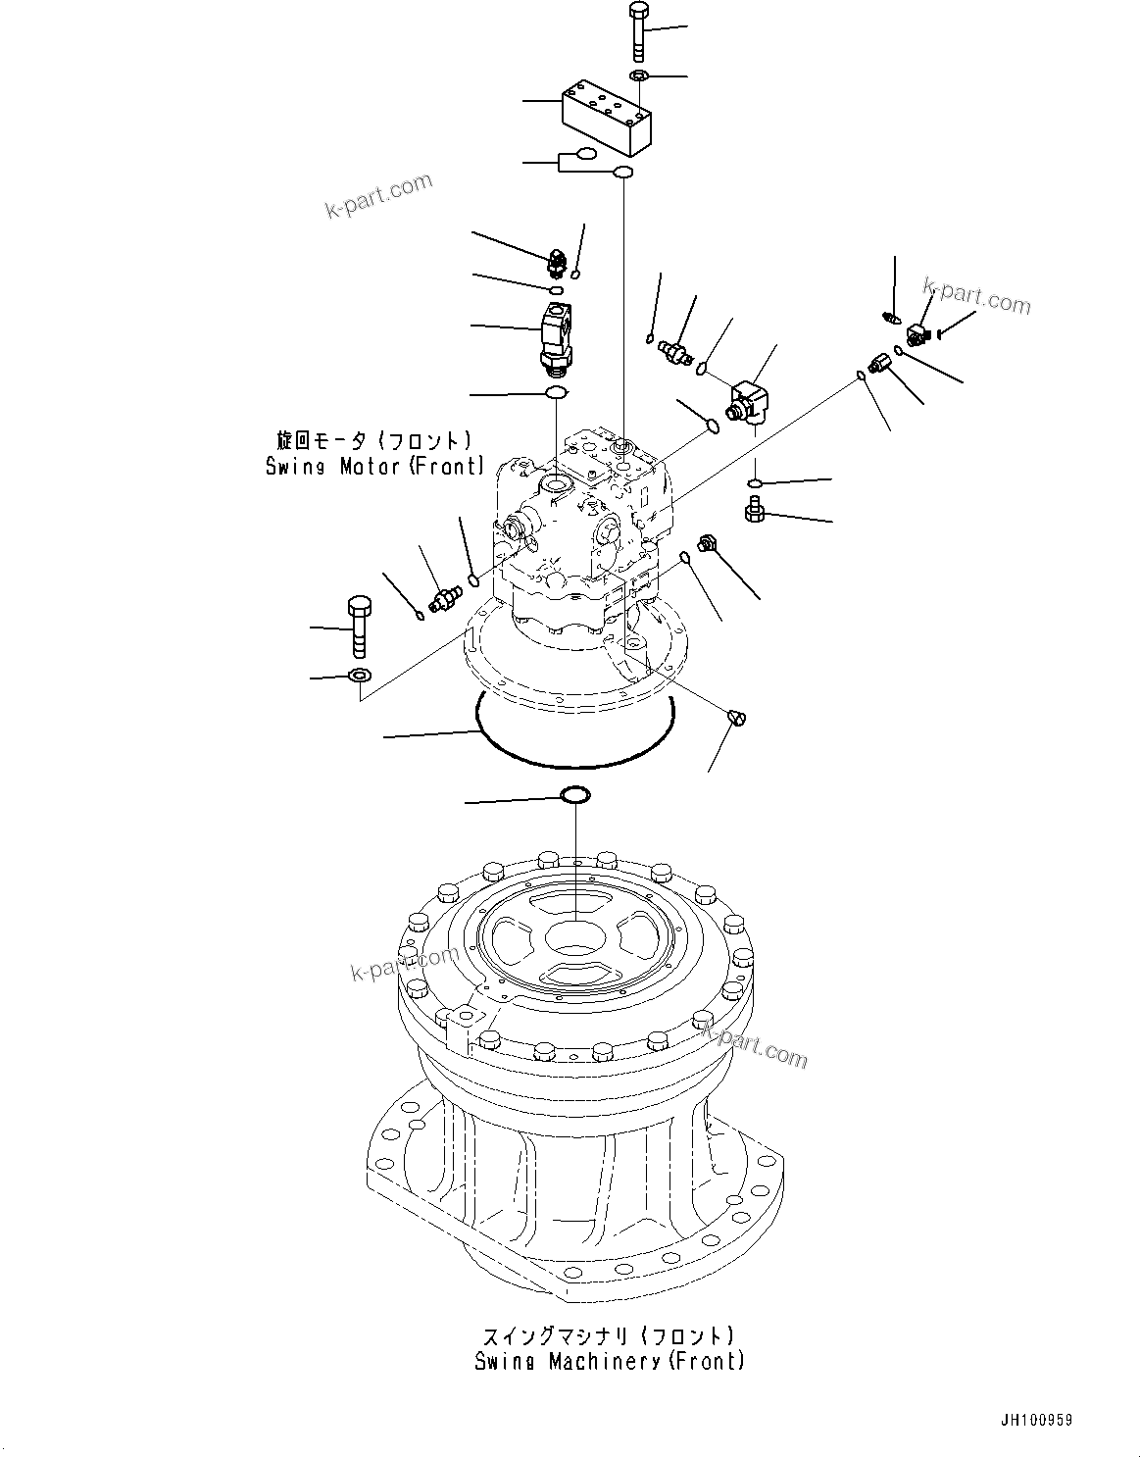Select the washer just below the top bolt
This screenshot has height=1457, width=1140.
(638, 76)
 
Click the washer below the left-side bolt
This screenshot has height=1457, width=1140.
(359, 675)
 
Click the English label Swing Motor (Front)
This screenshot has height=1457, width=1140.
(374, 468)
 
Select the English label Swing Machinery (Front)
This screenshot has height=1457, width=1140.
(609, 1361)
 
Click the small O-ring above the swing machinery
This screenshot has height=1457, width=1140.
(574, 794)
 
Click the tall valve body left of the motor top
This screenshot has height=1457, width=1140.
(558, 336)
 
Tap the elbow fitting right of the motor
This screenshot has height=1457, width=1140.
(749, 402)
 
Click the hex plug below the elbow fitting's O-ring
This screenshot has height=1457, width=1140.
(755, 509)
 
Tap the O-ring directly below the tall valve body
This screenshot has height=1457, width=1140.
(556, 393)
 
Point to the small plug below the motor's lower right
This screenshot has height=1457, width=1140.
(737, 719)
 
